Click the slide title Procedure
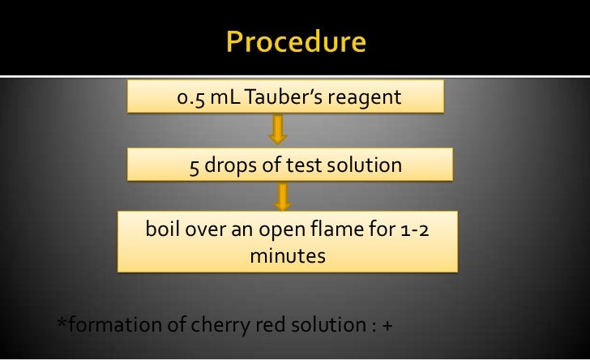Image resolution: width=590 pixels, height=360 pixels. [295, 41]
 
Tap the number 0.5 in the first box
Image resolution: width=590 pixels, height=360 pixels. [191, 99]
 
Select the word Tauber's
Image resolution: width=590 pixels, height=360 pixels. [284, 99]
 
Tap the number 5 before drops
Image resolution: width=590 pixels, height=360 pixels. [195, 166]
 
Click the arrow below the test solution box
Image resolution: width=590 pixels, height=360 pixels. [284, 195]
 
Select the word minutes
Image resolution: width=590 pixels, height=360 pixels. [288, 255]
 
